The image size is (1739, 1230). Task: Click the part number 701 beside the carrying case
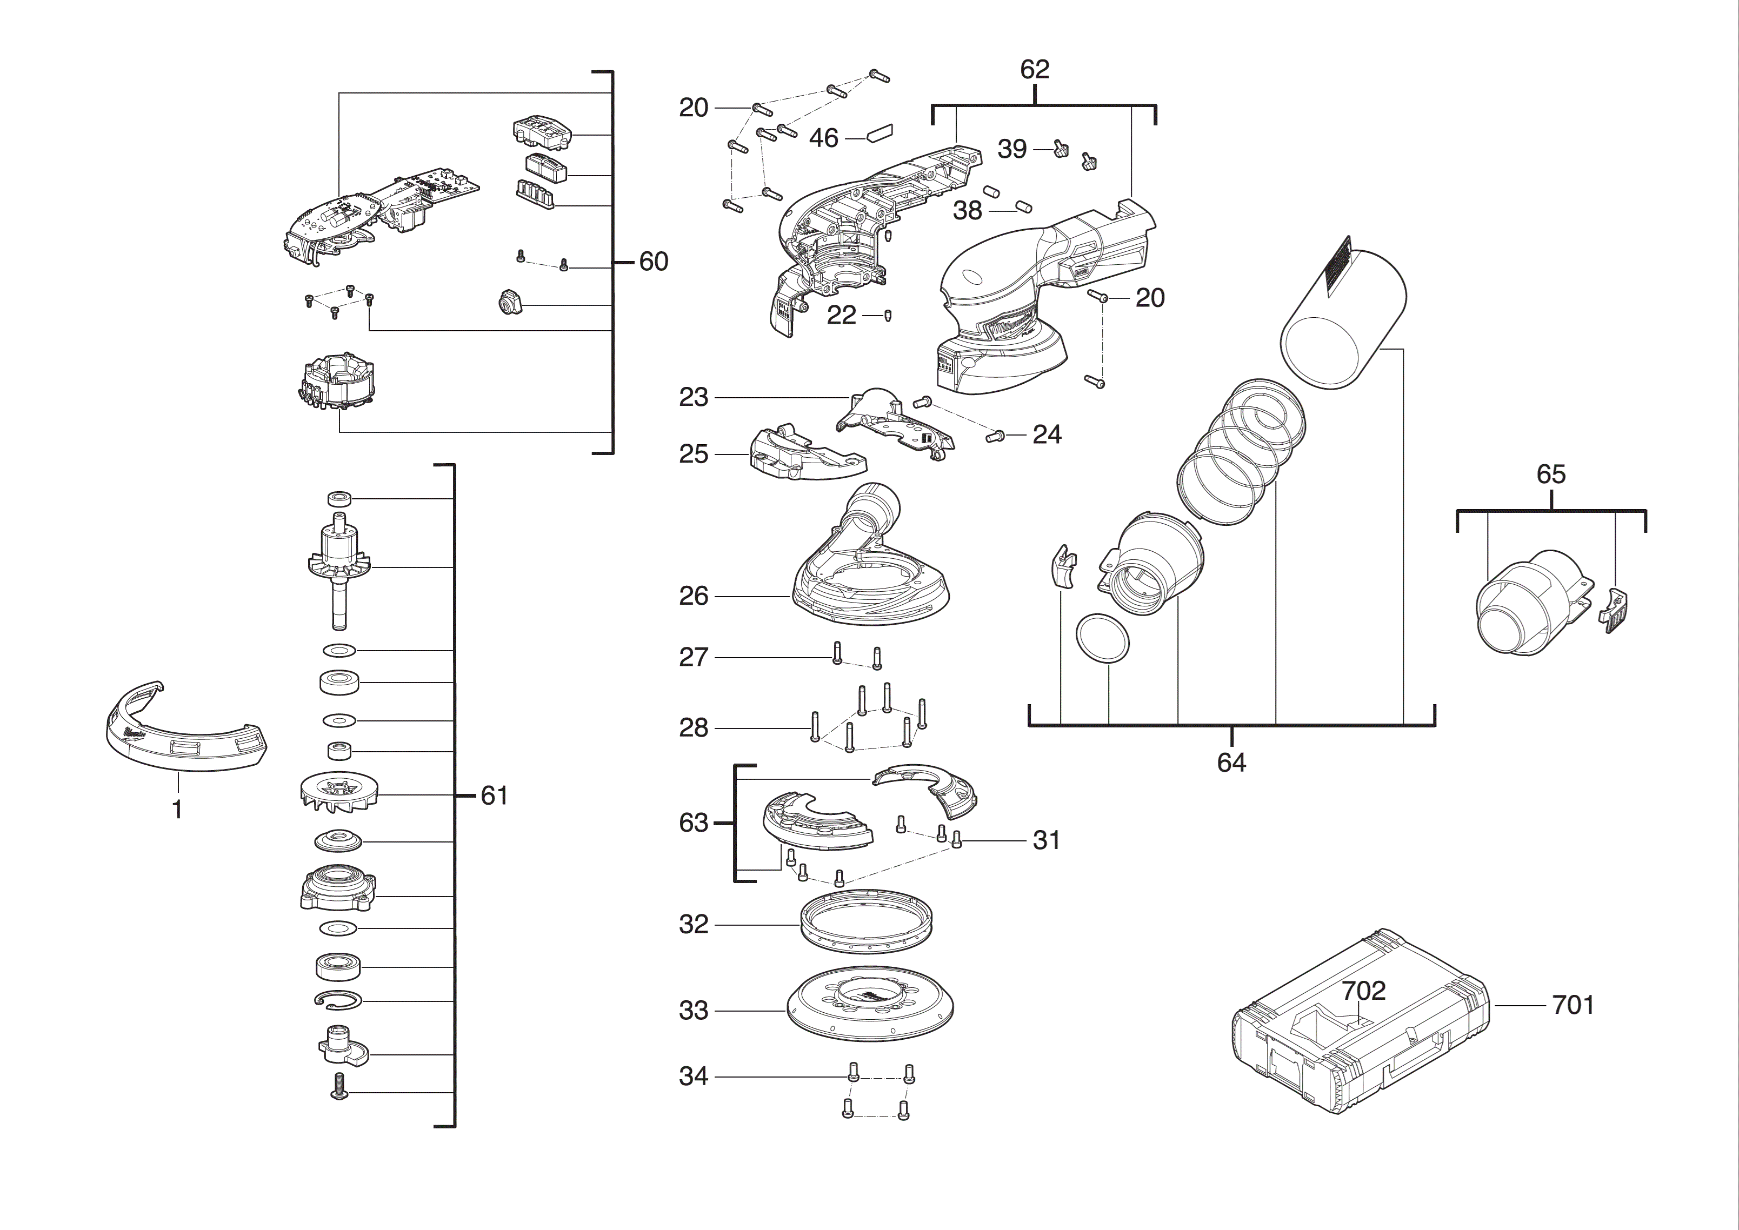pyautogui.click(x=1573, y=1005)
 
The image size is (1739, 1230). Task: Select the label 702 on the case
pyautogui.click(x=1363, y=991)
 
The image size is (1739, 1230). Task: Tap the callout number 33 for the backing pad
pyautogui.click(x=693, y=1011)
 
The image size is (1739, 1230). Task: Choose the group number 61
pyautogui.click(x=494, y=796)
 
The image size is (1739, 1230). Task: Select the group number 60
pyautogui.click(x=653, y=262)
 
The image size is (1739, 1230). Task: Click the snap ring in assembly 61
pyautogui.click(x=338, y=1000)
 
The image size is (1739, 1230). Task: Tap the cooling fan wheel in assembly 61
pyautogui.click(x=338, y=794)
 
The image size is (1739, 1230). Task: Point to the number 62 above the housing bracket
pyautogui.click(x=1034, y=70)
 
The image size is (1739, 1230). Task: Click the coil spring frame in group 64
pyautogui.click(x=1242, y=454)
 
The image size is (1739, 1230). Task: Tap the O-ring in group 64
pyautogui.click(x=1102, y=638)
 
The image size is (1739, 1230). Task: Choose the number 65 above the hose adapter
pyautogui.click(x=1550, y=475)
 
